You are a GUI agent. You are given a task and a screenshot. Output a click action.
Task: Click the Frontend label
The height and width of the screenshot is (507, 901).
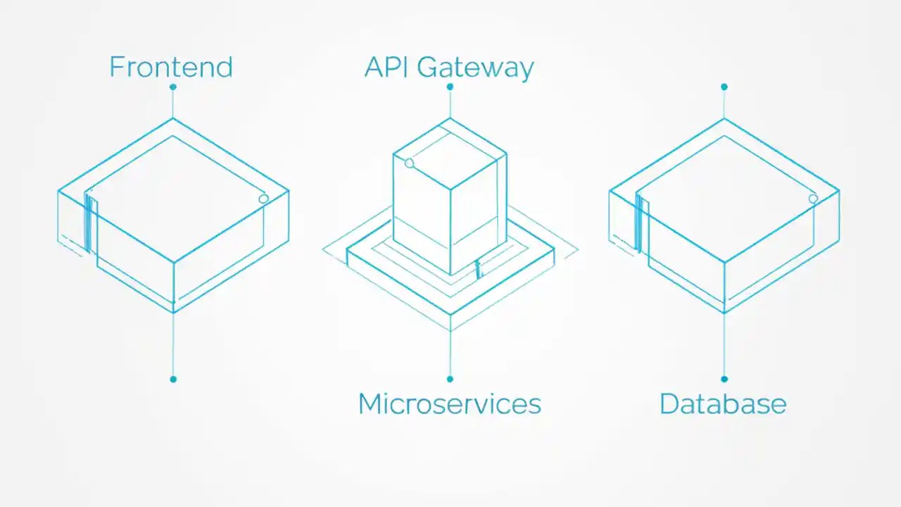170,67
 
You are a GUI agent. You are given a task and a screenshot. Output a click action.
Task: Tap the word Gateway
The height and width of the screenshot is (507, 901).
475,68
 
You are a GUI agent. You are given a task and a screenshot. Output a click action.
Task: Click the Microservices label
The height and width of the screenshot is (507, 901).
449,404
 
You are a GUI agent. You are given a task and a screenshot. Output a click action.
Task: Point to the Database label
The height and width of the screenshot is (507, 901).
722,404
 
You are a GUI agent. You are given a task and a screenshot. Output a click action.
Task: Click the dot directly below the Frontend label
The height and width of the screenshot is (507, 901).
172,87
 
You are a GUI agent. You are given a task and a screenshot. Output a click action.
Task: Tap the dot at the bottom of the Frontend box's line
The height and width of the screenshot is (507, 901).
173,379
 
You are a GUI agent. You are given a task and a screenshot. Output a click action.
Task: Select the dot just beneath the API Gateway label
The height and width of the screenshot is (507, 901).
450,87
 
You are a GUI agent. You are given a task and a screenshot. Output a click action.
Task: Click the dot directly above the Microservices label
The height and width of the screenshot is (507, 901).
450,379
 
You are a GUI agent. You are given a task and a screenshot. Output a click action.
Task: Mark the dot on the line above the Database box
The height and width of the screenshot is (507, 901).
724,87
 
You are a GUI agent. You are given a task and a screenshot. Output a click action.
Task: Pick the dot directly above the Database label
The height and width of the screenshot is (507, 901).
724,379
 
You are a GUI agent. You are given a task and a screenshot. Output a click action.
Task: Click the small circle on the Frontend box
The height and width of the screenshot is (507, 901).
263,199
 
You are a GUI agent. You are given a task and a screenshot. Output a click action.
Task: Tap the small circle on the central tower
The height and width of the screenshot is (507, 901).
410,163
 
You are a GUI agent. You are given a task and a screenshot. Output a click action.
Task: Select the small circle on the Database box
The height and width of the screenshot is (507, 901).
813,199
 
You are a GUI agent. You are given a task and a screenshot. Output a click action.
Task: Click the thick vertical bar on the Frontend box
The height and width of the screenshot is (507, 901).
88,223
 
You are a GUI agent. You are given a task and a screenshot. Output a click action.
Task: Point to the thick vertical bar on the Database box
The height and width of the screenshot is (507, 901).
638,223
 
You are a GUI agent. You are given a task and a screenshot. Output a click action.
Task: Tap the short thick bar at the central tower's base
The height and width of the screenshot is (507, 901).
478,269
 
